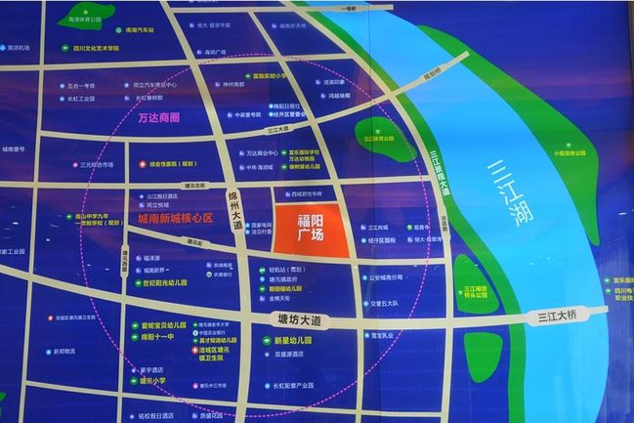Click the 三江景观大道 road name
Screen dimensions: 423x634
pos(441,176)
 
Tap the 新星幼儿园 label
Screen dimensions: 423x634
pos(284,340)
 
